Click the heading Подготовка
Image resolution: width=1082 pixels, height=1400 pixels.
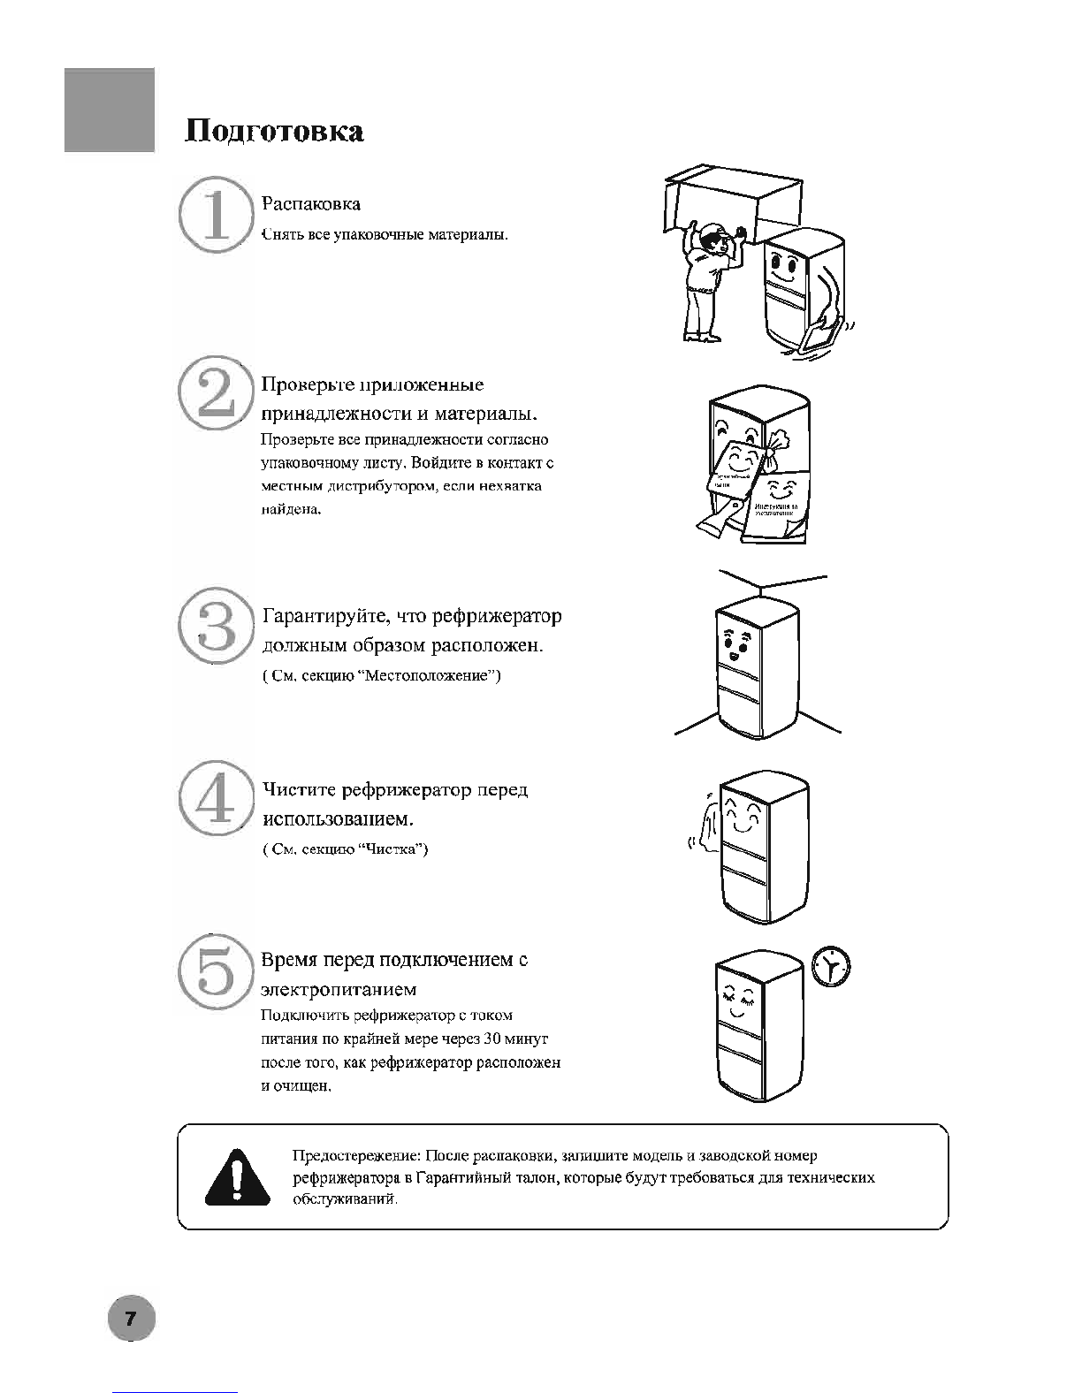[x=274, y=131]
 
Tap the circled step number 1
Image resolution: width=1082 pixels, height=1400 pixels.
[x=212, y=217]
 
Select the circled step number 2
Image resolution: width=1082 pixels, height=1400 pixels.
[x=212, y=394]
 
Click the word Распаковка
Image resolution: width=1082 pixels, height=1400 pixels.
[x=310, y=204]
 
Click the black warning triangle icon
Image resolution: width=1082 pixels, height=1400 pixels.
[x=237, y=1177]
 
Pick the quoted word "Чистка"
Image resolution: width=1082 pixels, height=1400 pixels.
[x=396, y=849]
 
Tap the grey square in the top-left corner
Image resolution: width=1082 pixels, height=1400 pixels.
[x=110, y=110]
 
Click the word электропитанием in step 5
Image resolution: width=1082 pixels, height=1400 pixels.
[x=339, y=989]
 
